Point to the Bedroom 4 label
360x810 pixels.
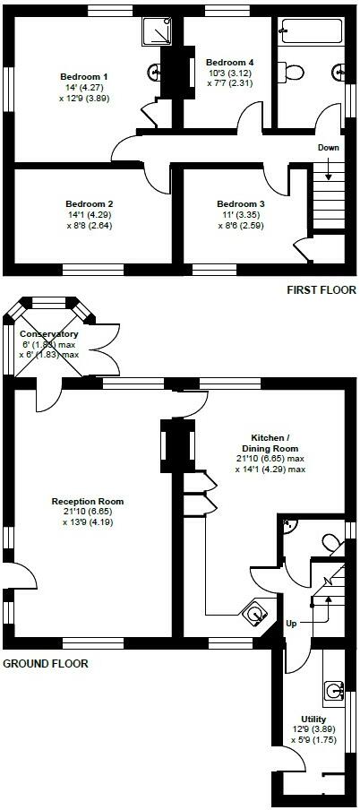tap(226, 39)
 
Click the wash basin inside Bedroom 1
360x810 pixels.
tap(153, 73)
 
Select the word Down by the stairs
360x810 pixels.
tap(328, 147)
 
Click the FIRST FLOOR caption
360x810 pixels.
tap(321, 289)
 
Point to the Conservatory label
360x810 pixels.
tap(49, 333)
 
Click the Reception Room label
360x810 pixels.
tap(88, 501)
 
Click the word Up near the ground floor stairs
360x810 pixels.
tap(291, 623)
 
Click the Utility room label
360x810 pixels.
tap(313, 719)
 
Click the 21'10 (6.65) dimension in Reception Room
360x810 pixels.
tap(87, 512)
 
